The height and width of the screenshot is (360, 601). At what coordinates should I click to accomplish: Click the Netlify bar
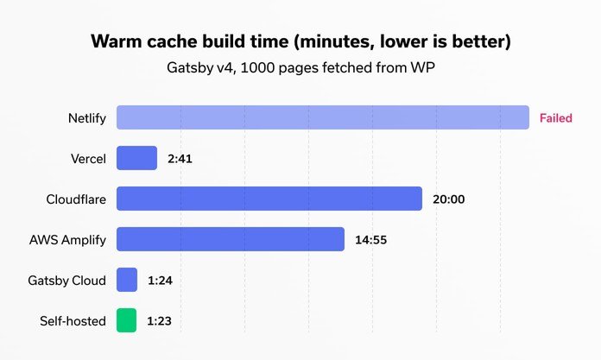pyautogui.click(x=322, y=117)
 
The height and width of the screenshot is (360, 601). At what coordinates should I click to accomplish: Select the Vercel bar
pyautogui.click(x=136, y=158)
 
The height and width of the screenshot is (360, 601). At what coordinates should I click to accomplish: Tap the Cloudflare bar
pyautogui.click(x=269, y=199)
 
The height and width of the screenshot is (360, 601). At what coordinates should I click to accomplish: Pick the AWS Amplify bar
pyautogui.click(x=231, y=239)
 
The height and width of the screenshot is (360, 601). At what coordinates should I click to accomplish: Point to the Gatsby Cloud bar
pyautogui.click(x=127, y=280)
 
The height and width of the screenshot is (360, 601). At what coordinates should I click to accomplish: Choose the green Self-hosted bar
pyautogui.click(x=127, y=320)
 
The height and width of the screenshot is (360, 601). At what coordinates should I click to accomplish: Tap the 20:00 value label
pyautogui.click(x=449, y=199)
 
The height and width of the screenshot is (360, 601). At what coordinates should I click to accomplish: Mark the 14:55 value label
pyautogui.click(x=372, y=240)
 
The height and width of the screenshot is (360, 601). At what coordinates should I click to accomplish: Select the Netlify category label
pyautogui.click(x=87, y=118)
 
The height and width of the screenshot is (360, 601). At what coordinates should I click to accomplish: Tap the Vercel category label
pyautogui.click(x=88, y=159)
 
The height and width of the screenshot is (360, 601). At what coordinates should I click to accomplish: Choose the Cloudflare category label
pyautogui.click(x=76, y=199)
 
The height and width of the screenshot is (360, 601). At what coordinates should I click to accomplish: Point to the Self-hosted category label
pyautogui.click(x=73, y=321)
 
